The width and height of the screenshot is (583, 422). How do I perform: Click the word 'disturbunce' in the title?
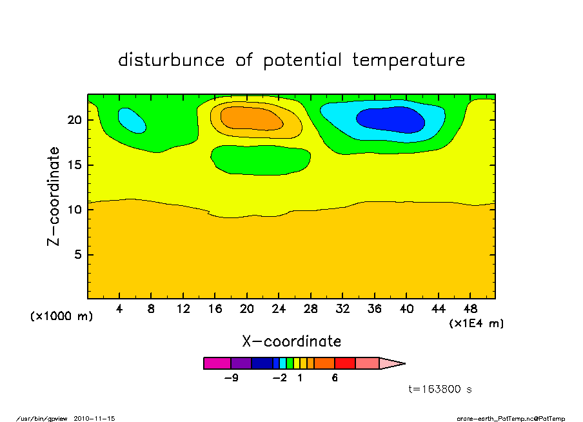tap(172, 60)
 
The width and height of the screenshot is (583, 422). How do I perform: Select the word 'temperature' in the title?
tap(409, 60)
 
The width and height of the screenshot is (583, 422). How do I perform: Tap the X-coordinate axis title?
tap(291, 341)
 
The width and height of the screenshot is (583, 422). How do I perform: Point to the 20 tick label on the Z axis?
tap(74, 120)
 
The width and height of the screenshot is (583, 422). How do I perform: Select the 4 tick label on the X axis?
tap(119, 308)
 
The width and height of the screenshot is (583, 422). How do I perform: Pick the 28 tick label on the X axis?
tap(311, 308)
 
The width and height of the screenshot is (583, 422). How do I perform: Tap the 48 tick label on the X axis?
tap(471, 308)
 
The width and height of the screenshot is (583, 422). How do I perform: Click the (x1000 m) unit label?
tap(62, 316)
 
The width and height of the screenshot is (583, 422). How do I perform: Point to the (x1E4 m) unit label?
tap(477, 323)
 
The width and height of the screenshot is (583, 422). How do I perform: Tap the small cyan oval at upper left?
tap(132, 119)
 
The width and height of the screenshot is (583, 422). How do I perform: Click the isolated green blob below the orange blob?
tap(261, 159)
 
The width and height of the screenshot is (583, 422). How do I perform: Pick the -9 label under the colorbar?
tap(232, 378)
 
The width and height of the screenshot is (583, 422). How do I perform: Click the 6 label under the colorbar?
tap(335, 378)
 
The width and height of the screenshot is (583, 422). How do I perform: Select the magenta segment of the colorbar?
tap(217, 363)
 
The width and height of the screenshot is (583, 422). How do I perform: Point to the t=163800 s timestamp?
tap(440, 389)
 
